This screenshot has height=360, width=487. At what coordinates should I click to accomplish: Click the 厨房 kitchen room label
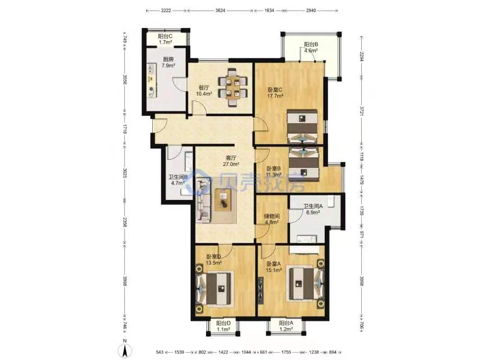click(x=168, y=60)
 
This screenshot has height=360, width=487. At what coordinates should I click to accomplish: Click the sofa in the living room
click(x=203, y=201)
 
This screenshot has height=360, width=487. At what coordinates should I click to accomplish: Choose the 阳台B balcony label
click(x=311, y=44)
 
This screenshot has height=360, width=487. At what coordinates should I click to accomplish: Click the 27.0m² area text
click(x=231, y=164)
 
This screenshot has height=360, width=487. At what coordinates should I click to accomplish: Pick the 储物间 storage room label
click(x=271, y=216)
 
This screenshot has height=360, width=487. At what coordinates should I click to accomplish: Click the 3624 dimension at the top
click(x=220, y=10)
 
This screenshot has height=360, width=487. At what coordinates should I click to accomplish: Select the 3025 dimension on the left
click(x=124, y=173)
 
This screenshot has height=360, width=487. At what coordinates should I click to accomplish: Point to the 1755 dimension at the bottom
click(x=286, y=352)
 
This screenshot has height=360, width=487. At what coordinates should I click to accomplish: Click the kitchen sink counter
click(x=152, y=80)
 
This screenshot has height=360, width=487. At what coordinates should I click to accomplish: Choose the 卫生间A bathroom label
click(x=313, y=206)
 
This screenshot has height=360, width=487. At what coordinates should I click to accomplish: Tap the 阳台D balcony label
click(x=223, y=323)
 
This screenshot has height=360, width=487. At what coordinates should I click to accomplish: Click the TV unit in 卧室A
click(x=260, y=290)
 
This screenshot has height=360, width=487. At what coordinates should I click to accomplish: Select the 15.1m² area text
click(x=274, y=270)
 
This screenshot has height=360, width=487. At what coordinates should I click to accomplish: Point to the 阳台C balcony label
click(x=165, y=36)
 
